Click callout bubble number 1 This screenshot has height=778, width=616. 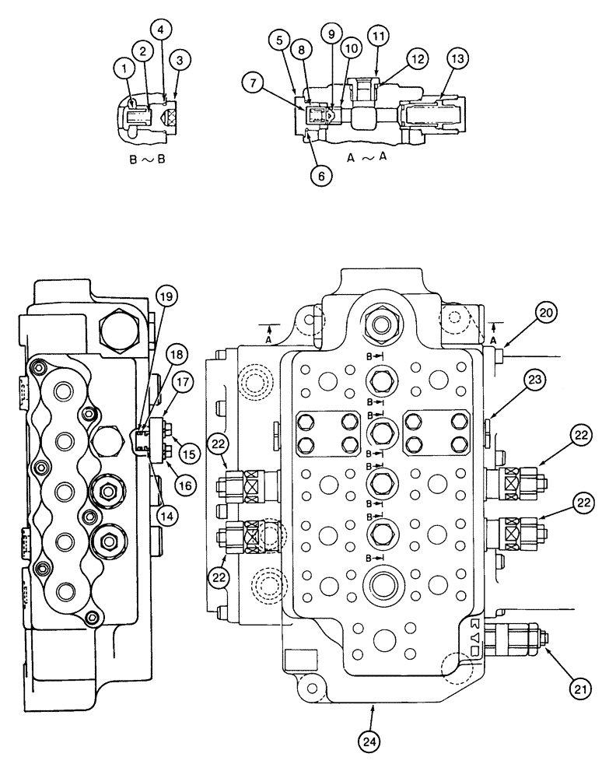[123, 68]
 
